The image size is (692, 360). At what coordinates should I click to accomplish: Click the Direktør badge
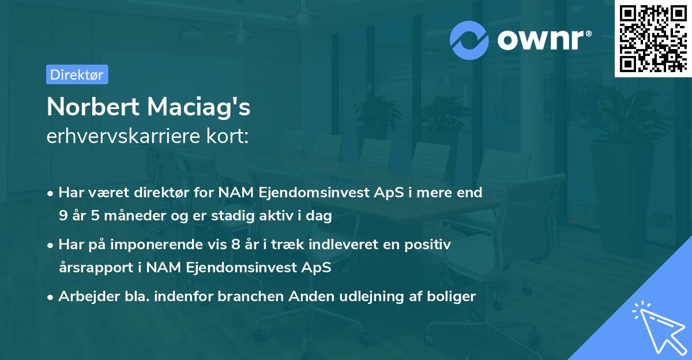point(77,74)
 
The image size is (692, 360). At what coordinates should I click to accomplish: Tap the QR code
point(653,39)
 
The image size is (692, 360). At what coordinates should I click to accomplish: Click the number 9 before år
point(62,216)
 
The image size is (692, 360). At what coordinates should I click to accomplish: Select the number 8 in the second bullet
point(234,245)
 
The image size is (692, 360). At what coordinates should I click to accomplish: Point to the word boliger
point(454,297)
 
